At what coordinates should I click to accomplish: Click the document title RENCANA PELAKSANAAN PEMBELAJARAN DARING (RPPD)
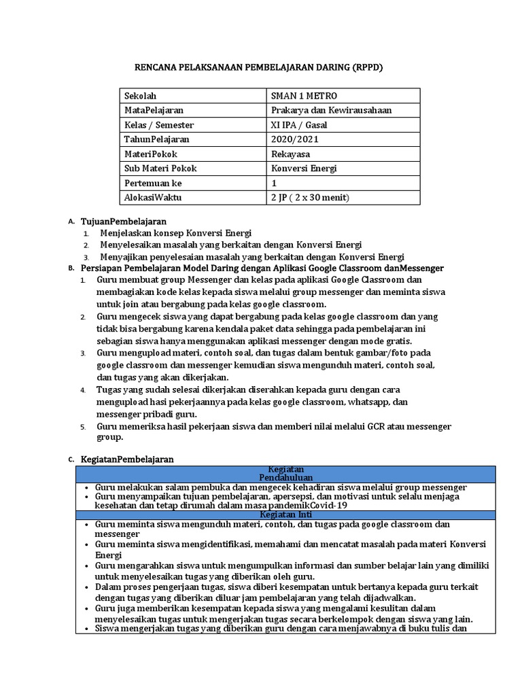(261, 67)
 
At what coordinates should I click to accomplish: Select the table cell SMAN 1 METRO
(303, 96)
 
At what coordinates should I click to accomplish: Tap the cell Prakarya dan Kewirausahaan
(331, 110)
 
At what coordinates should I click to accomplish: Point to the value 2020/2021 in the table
(294, 139)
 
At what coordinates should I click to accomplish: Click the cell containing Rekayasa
(291, 154)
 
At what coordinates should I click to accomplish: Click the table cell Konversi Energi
(302, 169)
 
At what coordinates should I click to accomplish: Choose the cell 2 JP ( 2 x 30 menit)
(309, 198)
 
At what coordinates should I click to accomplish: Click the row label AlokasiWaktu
(153, 198)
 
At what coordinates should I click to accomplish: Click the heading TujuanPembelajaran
(124, 222)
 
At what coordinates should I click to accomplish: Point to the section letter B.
(71, 268)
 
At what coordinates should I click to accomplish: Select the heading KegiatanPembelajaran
(127, 459)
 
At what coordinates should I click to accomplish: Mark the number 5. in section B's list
(82, 427)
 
